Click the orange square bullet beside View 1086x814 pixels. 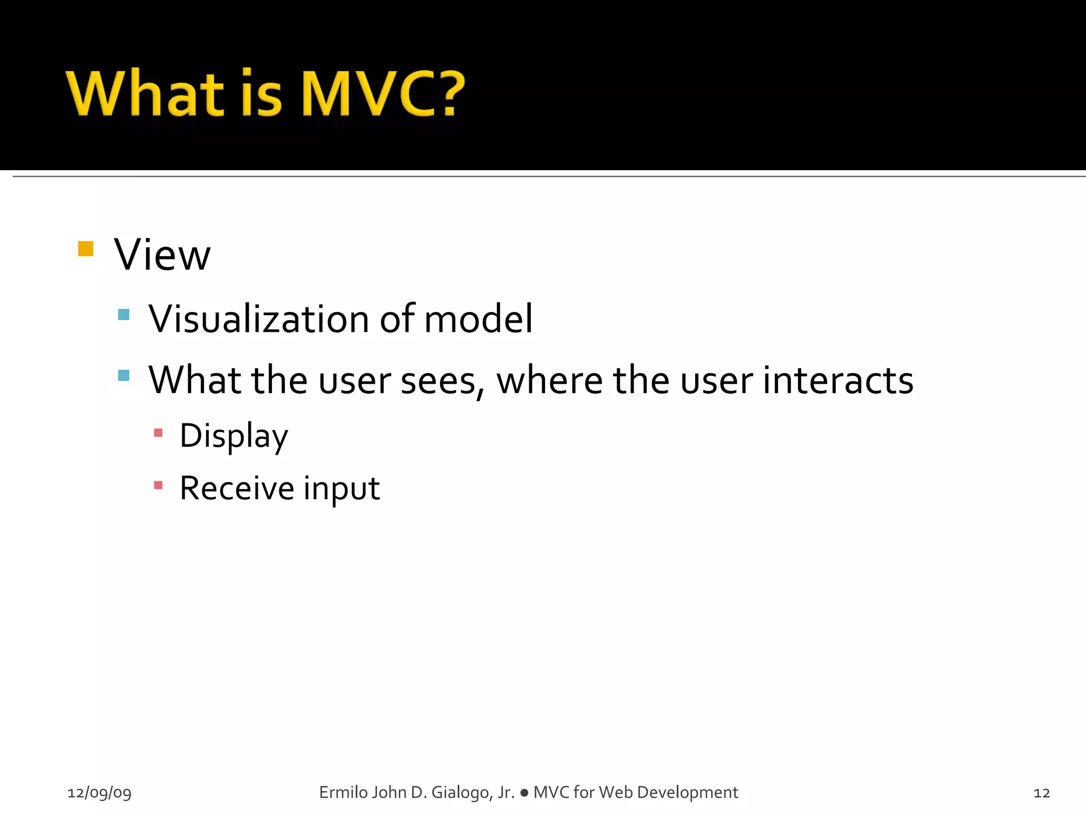point(85,249)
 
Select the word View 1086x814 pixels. point(162,255)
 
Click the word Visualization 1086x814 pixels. point(259,319)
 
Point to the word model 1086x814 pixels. point(478,319)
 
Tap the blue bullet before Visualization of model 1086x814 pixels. point(124,315)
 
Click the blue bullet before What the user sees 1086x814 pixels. point(124,376)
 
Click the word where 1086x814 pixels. point(549,381)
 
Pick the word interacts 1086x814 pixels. point(838,381)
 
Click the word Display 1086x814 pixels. point(234,436)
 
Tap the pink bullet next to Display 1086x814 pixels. point(158,433)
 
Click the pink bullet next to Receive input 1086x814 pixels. point(158,485)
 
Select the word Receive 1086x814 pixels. point(237,488)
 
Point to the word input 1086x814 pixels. point(341,489)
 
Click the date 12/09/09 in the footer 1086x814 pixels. point(99,793)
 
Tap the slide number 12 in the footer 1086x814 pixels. point(1041,793)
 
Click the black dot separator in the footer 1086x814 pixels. point(524,793)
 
